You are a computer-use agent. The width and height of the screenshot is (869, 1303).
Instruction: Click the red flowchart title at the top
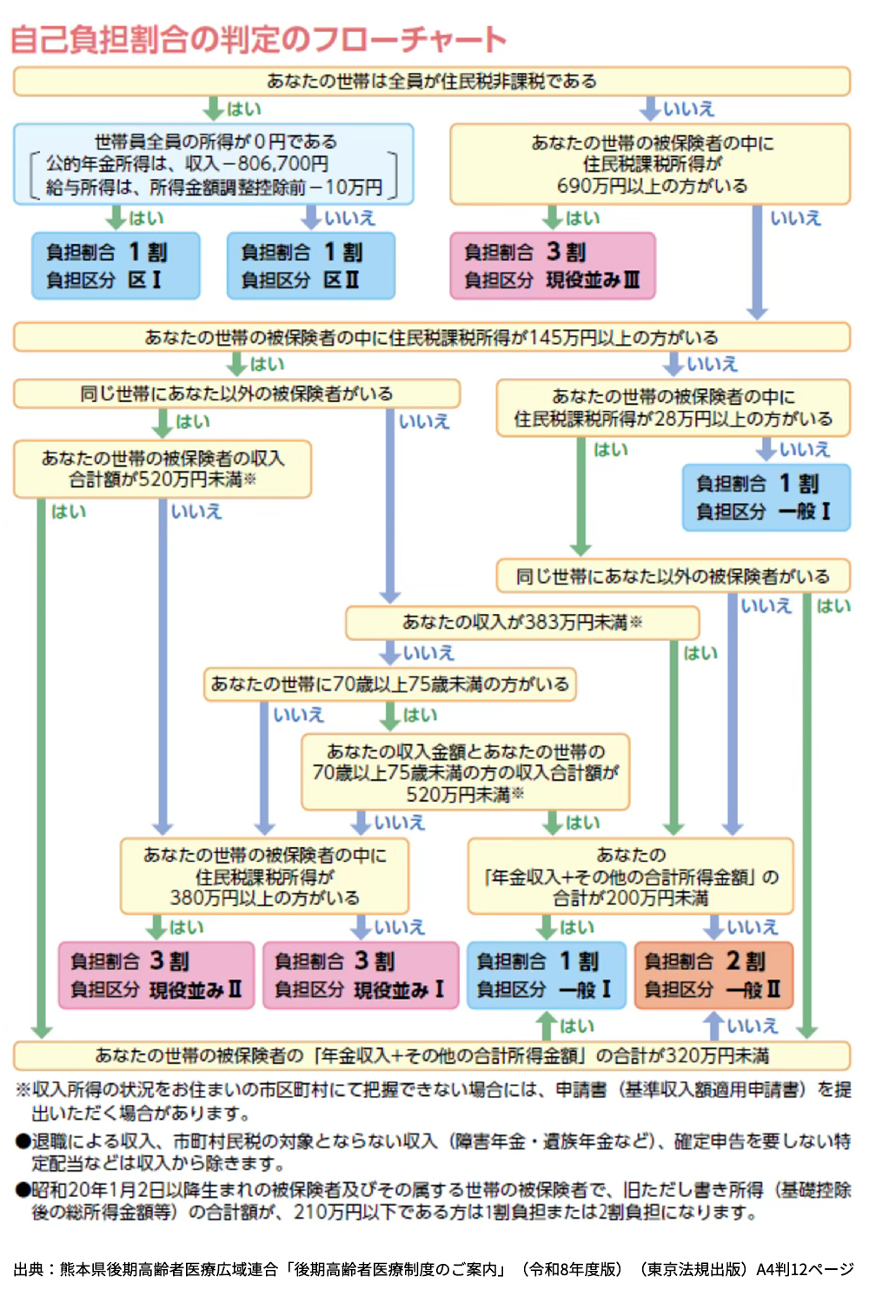tap(258, 40)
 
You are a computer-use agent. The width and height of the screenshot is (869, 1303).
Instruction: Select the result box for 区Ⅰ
tap(116, 266)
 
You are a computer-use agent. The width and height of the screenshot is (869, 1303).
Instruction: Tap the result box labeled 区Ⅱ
tap(310, 266)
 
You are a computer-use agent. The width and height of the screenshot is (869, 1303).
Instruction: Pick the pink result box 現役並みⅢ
tap(552, 266)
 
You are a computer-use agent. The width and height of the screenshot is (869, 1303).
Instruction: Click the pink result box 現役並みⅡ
tap(156, 976)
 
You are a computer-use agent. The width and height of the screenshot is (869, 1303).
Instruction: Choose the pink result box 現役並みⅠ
tap(360, 976)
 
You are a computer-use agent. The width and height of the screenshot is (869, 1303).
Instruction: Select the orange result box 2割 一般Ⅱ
tap(713, 976)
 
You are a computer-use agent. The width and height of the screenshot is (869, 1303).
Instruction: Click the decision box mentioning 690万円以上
tap(650, 164)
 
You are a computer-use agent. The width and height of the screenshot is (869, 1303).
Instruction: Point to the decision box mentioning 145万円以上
tap(432, 337)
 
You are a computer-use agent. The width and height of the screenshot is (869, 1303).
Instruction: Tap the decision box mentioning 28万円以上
tap(673, 407)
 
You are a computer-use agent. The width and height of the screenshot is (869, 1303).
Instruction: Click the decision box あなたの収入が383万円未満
tap(522, 623)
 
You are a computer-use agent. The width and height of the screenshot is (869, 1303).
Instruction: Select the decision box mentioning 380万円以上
tap(264, 876)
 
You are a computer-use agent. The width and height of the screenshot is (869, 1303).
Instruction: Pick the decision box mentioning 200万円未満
tap(630, 876)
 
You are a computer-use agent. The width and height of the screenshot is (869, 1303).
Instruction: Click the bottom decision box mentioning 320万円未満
tap(432, 1055)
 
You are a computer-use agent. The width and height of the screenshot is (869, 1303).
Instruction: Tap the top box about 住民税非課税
tap(432, 82)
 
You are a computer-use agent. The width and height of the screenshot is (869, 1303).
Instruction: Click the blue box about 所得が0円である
tap(214, 164)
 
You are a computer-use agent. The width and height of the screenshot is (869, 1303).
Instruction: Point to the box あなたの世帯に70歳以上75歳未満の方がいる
tap(389, 685)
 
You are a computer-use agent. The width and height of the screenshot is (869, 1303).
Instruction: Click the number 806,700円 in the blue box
tap(282, 164)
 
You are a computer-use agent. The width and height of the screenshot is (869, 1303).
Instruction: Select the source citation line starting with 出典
tap(432, 1269)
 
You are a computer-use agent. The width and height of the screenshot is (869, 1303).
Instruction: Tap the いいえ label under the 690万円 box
tap(795, 218)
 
